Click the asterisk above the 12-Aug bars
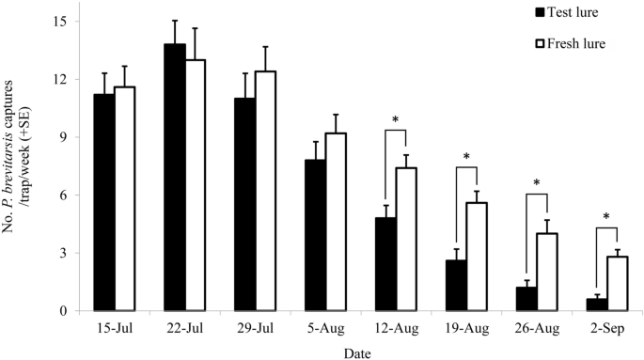click(396, 120)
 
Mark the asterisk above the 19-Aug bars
click(467, 156)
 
